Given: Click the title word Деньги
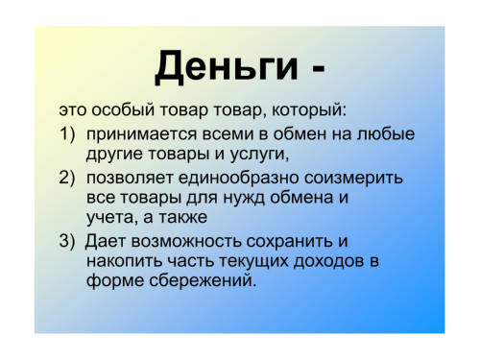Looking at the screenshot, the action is pyautogui.click(x=227, y=67).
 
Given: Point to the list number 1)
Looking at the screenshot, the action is pyautogui.click(x=67, y=133).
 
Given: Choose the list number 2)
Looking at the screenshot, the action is pyautogui.click(x=67, y=177).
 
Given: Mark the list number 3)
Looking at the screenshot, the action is pyautogui.click(x=67, y=240).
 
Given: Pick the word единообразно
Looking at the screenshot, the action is pyautogui.click(x=238, y=179).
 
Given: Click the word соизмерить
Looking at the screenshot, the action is pyautogui.click(x=353, y=179).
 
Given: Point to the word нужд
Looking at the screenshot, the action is pyautogui.click(x=244, y=199).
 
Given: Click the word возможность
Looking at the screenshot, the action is pyautogui.click(x=186, y=242).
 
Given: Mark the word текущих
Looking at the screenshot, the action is pyautogui.click(x=253, y=262).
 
